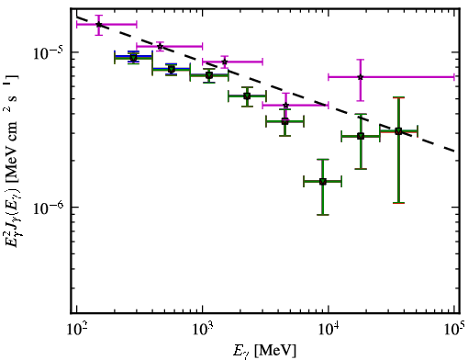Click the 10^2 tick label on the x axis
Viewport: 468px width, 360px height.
77,331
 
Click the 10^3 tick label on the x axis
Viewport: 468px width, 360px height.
203,331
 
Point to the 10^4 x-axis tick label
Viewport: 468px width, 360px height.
329,331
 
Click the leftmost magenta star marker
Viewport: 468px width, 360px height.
99,24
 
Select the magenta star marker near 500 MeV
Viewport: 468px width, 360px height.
160,47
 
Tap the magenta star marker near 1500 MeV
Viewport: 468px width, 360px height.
225,62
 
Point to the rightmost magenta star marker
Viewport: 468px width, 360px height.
361,77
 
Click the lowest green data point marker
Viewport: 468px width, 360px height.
323,182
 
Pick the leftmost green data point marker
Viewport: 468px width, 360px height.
133,58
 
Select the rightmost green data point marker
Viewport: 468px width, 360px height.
398,131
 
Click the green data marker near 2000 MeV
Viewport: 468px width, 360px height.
247,96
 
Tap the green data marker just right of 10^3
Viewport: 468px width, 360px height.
209,75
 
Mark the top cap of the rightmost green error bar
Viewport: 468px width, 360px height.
398,97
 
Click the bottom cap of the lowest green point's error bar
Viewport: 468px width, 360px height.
323,215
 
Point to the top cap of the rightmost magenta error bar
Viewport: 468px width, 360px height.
361,60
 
